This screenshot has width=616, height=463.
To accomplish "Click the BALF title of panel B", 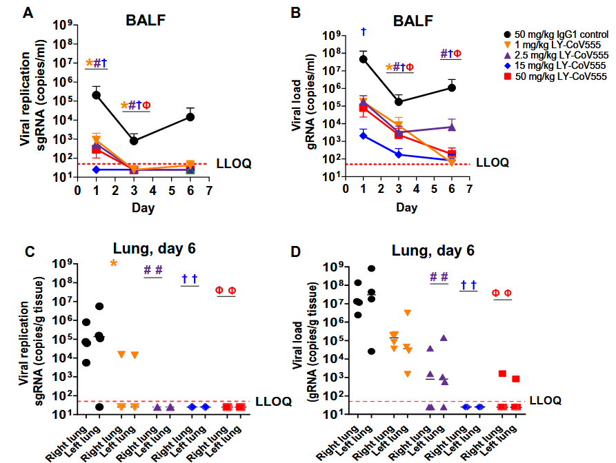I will pyautogui.click(x=413, y=21).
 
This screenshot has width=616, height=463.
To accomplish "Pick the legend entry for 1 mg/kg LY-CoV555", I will pyautogui.click(x=551, y=44).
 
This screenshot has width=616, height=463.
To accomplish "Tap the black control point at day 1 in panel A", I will pyautogui.click(x=96, y=94).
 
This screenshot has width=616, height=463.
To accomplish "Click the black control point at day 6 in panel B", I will pyautogui.click(x=451, y=88).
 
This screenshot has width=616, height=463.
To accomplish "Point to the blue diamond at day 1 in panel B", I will pyautogui.click(x=363, y=135).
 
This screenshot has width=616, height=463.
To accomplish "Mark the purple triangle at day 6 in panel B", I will pyautogui.click(x=451, y=127).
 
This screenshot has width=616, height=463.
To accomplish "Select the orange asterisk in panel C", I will pyautogui.click(x=113, y=264).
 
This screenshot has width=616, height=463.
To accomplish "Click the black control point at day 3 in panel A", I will pyautogui.click(x=134, y=141).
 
